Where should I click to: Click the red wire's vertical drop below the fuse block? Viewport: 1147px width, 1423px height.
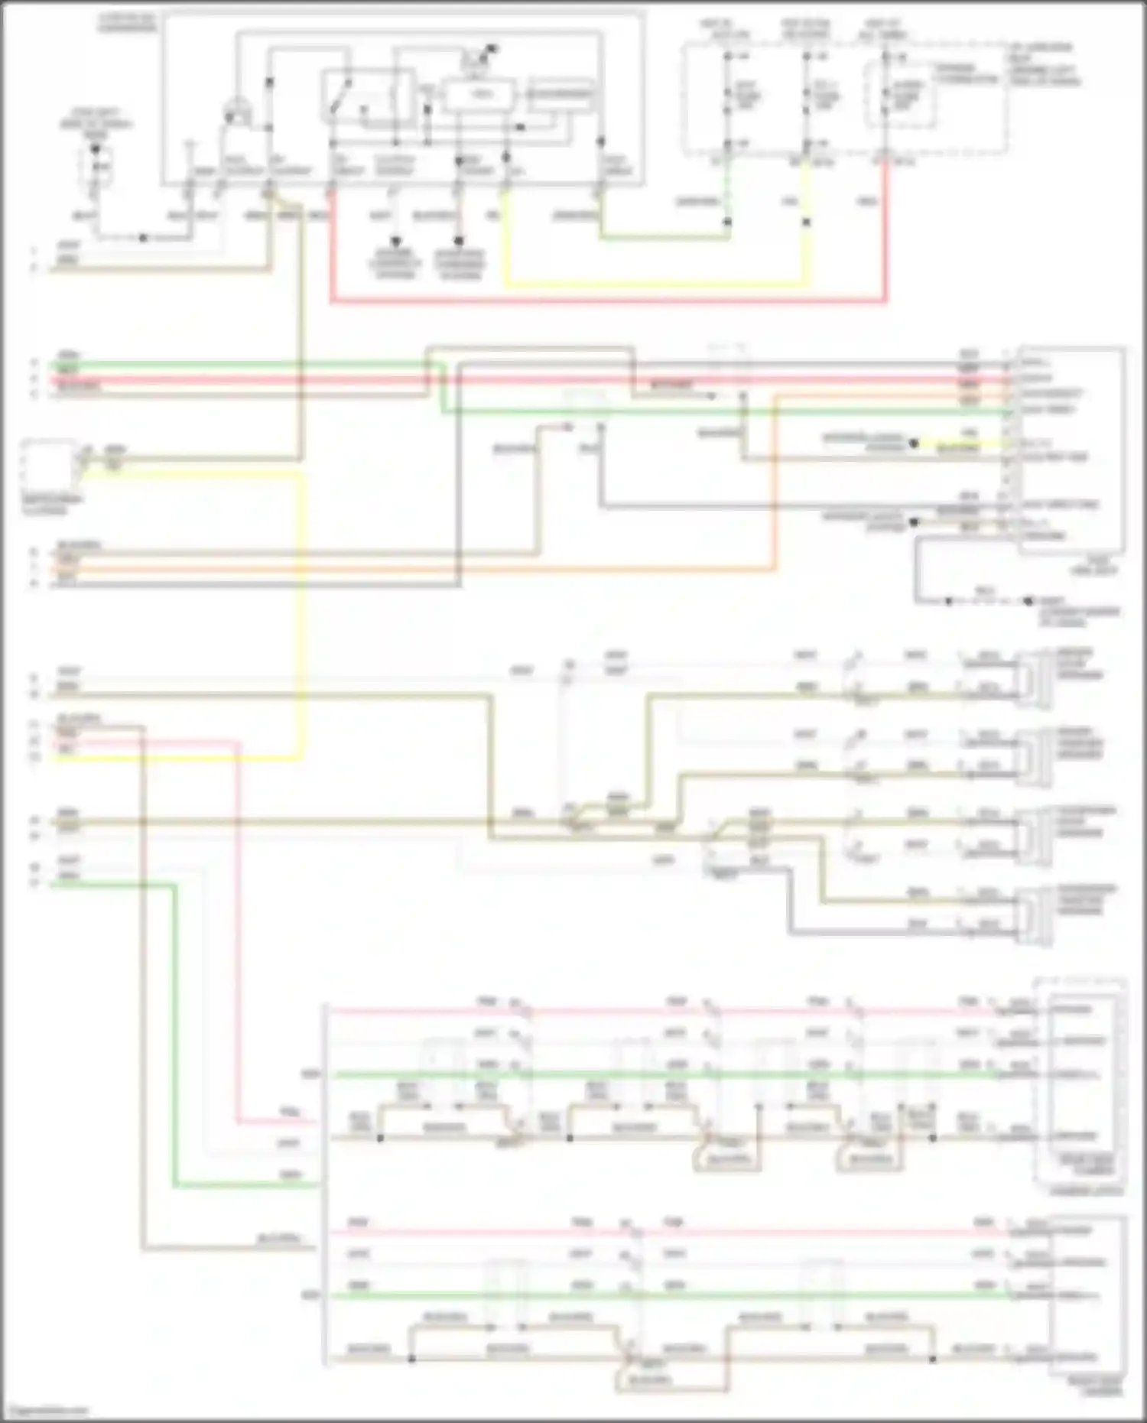point(886,229)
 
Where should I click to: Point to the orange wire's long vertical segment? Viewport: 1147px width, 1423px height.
point(774,482)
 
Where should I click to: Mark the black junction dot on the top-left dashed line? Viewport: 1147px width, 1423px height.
point(143,238)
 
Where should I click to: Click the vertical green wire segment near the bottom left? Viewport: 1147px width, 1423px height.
point(175,1032)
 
